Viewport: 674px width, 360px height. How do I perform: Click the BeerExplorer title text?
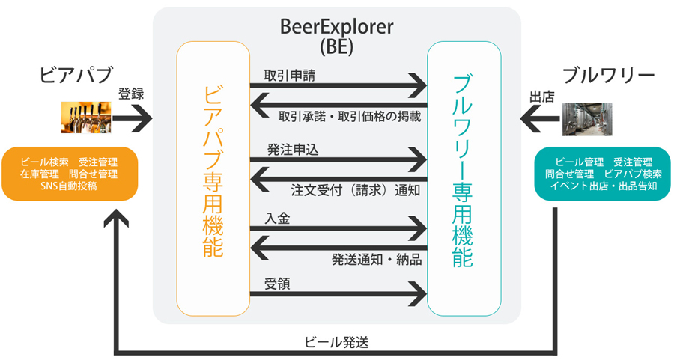(336, 27)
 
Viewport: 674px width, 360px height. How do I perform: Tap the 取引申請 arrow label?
(290, 76)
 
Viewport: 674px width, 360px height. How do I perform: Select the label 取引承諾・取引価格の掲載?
(350, 117)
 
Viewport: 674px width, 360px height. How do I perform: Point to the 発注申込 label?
(293, 150)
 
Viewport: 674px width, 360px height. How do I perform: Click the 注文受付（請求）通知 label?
(356, 190)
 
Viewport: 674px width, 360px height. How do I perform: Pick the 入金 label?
(277, 219)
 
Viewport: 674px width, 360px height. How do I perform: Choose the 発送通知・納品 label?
(377, 260)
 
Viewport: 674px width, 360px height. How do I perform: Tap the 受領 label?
(277, 284)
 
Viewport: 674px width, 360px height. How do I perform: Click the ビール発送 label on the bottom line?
(336, 342)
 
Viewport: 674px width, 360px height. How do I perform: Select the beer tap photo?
(86, 118)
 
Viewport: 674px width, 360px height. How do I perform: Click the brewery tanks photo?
(587, 119)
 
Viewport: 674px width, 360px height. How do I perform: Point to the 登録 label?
(131, 94)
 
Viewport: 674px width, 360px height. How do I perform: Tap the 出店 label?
(542, 97)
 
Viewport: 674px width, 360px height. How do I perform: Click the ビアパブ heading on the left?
(76, 74)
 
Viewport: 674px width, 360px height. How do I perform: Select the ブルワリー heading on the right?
(609, 76)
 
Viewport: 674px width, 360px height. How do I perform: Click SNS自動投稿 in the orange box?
(69, 186)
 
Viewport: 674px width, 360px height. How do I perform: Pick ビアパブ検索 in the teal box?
(633, 174)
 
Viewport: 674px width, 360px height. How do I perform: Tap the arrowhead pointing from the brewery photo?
(529, 119)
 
